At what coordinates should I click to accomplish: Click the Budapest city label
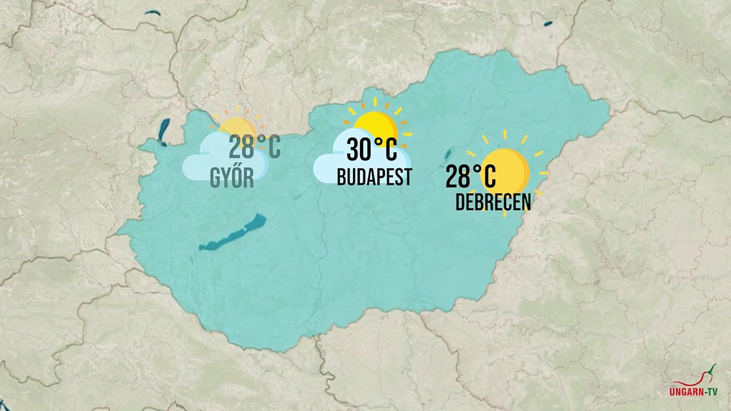(x=374, y=177)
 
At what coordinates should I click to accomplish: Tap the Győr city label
(x=232, y=178)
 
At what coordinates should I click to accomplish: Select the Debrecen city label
(x=493, y=202)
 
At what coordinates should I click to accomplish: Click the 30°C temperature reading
(x=372, y=150)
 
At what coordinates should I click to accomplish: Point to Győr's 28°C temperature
(x=255, y=147)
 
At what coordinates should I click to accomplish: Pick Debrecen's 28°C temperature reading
(x=471, y=176)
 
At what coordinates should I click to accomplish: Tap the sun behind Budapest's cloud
(x=376, y=122)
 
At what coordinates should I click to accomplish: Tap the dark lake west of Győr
(x=164, y=131)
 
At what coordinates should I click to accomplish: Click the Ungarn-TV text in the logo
(x=693, y=392)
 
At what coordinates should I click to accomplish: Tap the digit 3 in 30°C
(x=354, y=150)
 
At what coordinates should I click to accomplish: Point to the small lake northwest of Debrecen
(x=448, y=153)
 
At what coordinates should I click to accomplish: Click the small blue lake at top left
(x=152, y=13)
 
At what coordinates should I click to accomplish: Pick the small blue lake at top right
(x=548, y=23)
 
